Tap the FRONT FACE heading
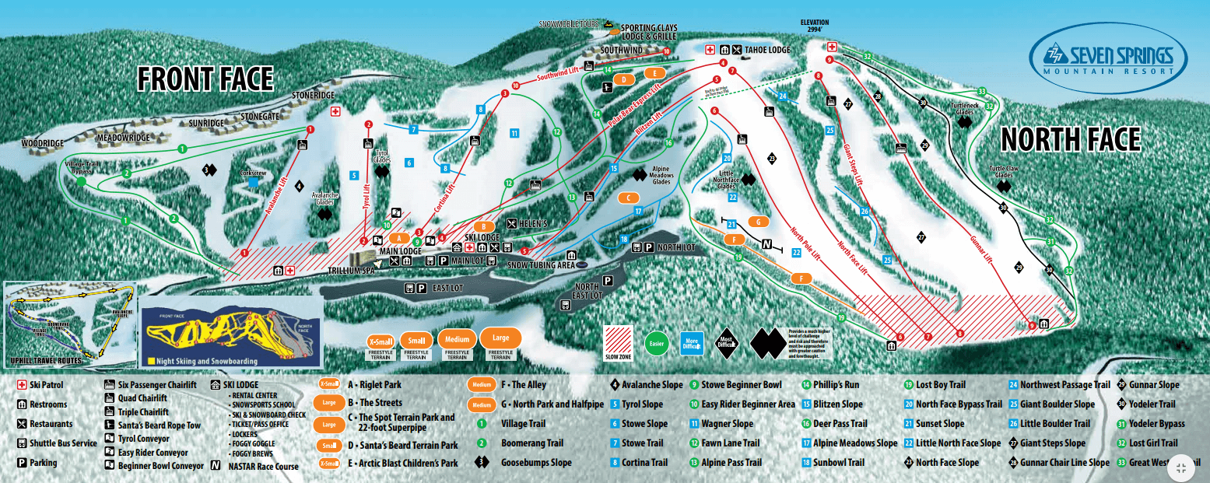pos(205,79)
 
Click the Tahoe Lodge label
pos(767,50)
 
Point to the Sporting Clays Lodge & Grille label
pos(648,33)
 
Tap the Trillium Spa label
pos(351,271)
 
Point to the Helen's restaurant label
pos(533,224)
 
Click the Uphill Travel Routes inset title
pos(46,361)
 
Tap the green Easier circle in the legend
pos(657,342)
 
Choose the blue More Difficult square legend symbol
pos(692,342)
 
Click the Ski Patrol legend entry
pos(43,385)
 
